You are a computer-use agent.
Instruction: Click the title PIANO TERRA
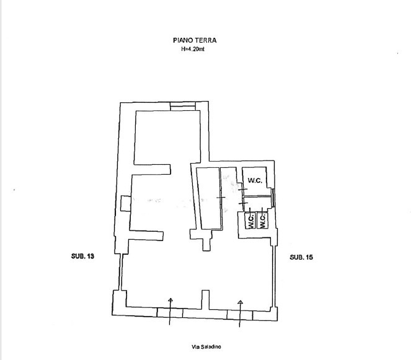[x=195, y=40]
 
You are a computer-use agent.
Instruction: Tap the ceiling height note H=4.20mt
[x=193, y=49]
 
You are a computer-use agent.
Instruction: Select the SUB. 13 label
[x=82, y=256]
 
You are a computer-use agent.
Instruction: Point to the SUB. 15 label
[x=301, y=257]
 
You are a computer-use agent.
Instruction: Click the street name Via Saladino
[x=206, y=347]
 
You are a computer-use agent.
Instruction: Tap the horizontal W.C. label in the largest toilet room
[x=255, y=180]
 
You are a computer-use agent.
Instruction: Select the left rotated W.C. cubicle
[x=250, y=220]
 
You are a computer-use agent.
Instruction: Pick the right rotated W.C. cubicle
[x=262, y=220]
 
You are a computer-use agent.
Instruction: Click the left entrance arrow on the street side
[x=170, y=311]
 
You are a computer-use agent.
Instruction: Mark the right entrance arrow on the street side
[x=240, y=314]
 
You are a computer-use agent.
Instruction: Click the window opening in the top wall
[x=183, y=106]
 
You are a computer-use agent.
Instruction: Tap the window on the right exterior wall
[x=273, y=198]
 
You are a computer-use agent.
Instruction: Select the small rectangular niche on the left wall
[x=126, y=203]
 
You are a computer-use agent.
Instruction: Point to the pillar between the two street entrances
[x=205, y=299]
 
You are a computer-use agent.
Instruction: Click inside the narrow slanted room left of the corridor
[x=209, y=199]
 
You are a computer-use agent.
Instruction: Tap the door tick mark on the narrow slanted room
[x=221, y=197]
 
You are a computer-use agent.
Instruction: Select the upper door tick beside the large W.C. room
[x=242, y=189]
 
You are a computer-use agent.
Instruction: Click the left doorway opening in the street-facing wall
[x=170, y=312]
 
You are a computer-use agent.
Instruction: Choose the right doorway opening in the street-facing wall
[x=240, y=315]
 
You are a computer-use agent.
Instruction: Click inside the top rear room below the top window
[x=168, y=138]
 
